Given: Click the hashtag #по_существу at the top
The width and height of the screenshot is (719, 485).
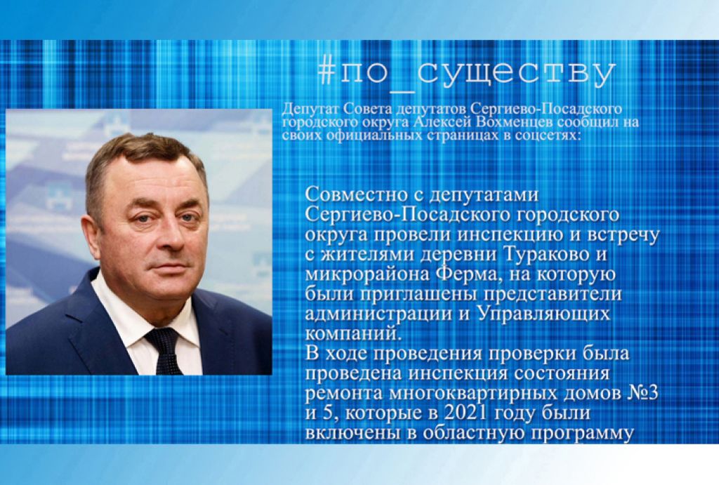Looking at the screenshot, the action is pyautogui.click(x=466, y=74).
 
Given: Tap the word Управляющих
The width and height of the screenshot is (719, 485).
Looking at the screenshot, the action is pyautogui.click(x=544, y=315).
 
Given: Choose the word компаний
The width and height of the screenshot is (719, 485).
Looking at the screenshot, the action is pyautogui.click(x=352, y=333).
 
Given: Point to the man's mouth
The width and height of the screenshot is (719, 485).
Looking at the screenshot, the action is pyautogui.click(x=165, y=266).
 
